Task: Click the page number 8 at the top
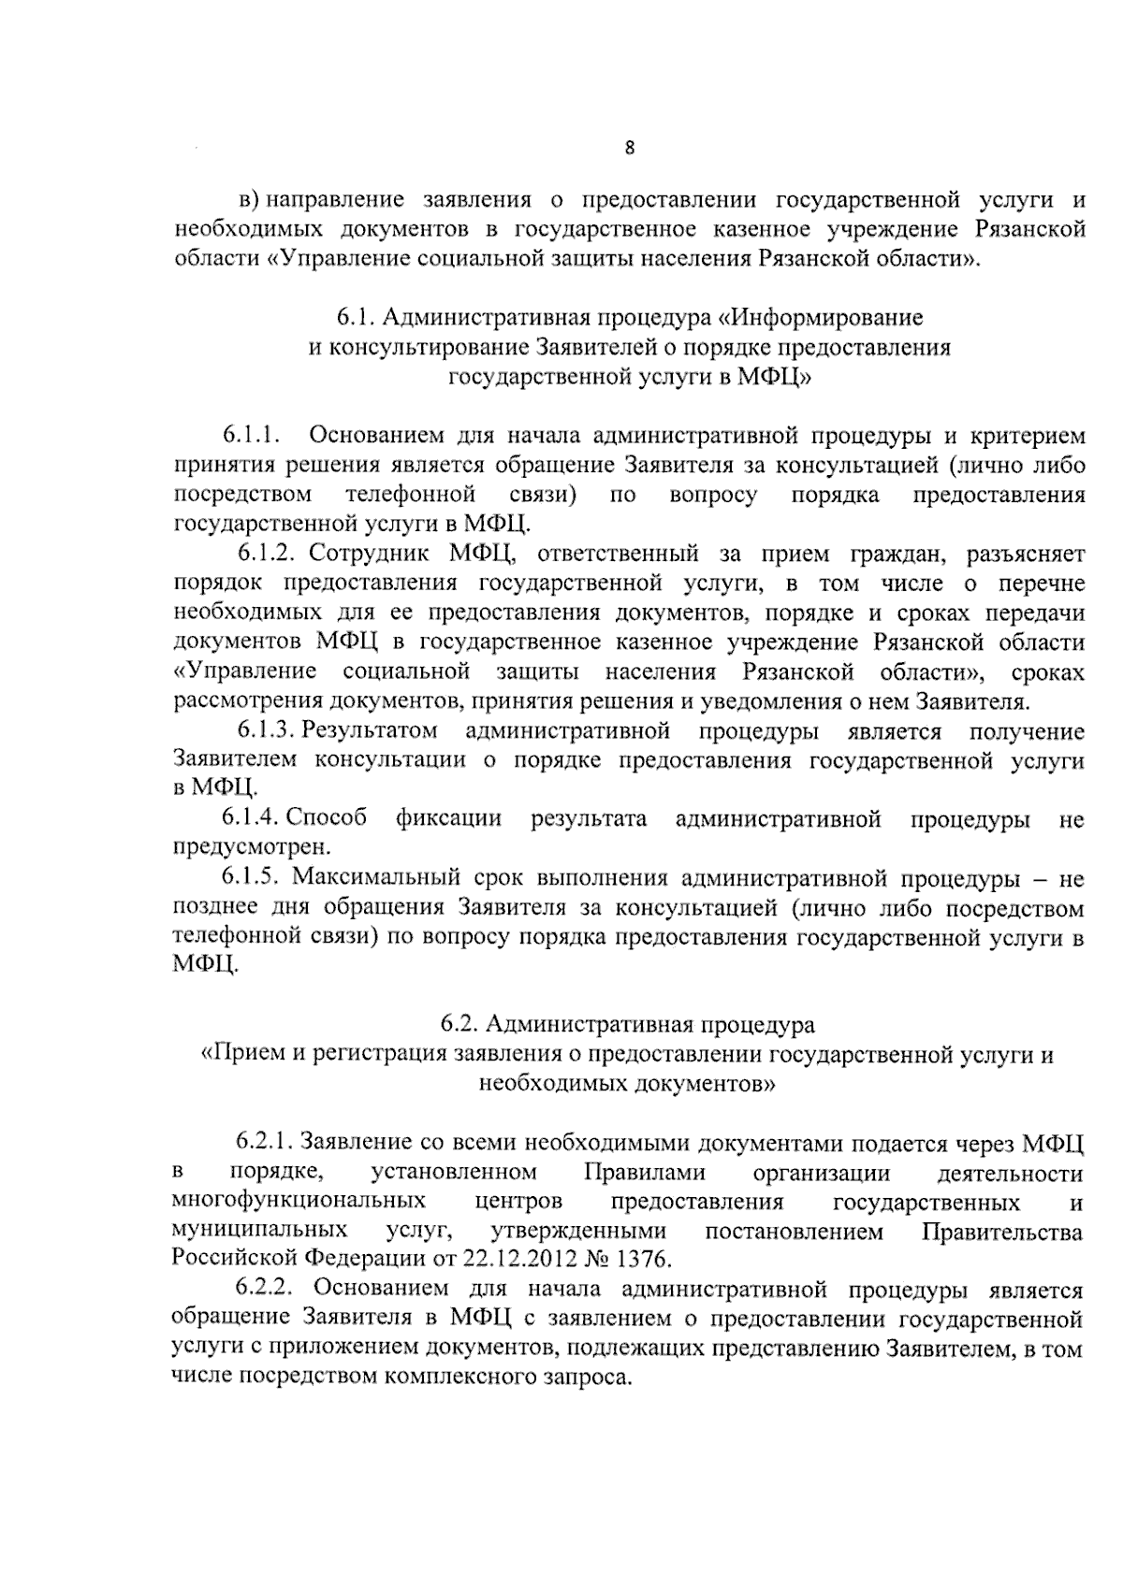coord(630,147)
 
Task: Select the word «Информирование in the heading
coord(824,318)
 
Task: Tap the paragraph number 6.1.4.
coord(251,820)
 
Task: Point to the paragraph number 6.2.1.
coord(265,1143)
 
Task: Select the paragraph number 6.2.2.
coord(265,1291)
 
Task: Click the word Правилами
coord(644,1173)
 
